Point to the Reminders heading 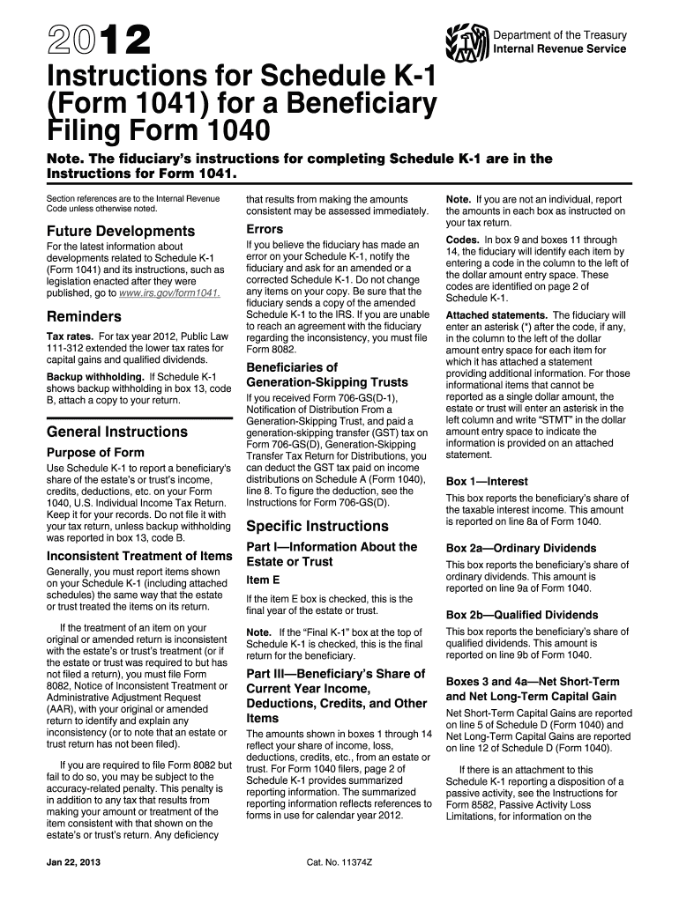tap(84, 316)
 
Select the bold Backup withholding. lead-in tap(96, 377)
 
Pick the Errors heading tap(265, 229)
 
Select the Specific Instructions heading tap(317, 526)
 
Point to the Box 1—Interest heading tap(487, 482)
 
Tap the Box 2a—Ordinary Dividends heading tap(514, 548)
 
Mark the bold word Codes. tap(463, 240)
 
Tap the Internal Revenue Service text tap(559, 48)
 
